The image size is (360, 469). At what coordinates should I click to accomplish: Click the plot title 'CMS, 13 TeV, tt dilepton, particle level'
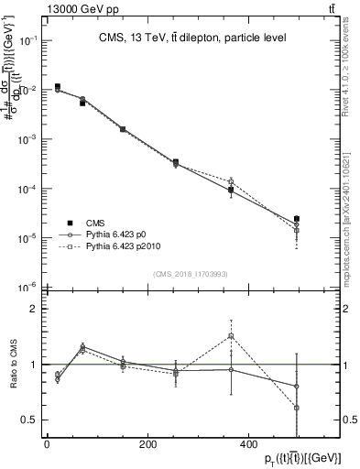click(x=192, y=38)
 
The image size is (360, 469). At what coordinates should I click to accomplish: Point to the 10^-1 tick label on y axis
click(x=29, y=41)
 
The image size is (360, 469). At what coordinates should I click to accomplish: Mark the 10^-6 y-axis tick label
click(x=29, y=287)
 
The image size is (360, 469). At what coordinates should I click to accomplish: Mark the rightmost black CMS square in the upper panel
click(x=296, y=219)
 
